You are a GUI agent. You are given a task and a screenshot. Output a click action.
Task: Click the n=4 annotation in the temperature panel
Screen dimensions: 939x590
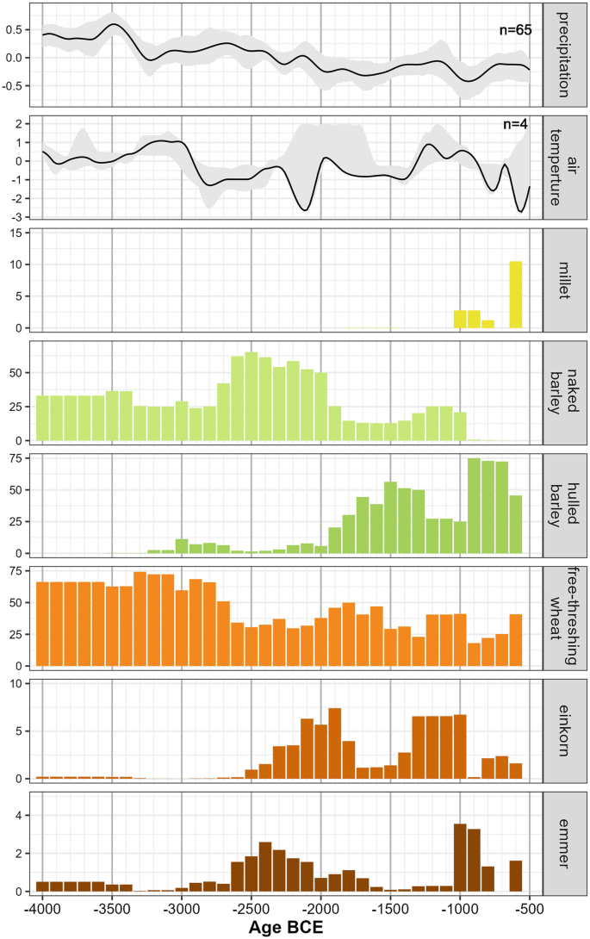[x=518, y=125]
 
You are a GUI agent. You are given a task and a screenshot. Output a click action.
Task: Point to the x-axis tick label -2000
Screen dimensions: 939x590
[x=320, y=909]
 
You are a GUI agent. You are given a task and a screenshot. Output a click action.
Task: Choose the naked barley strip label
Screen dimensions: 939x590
[x=565, y=392]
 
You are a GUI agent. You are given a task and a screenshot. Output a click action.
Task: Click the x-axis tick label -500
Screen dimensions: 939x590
[x=528, y=909]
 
